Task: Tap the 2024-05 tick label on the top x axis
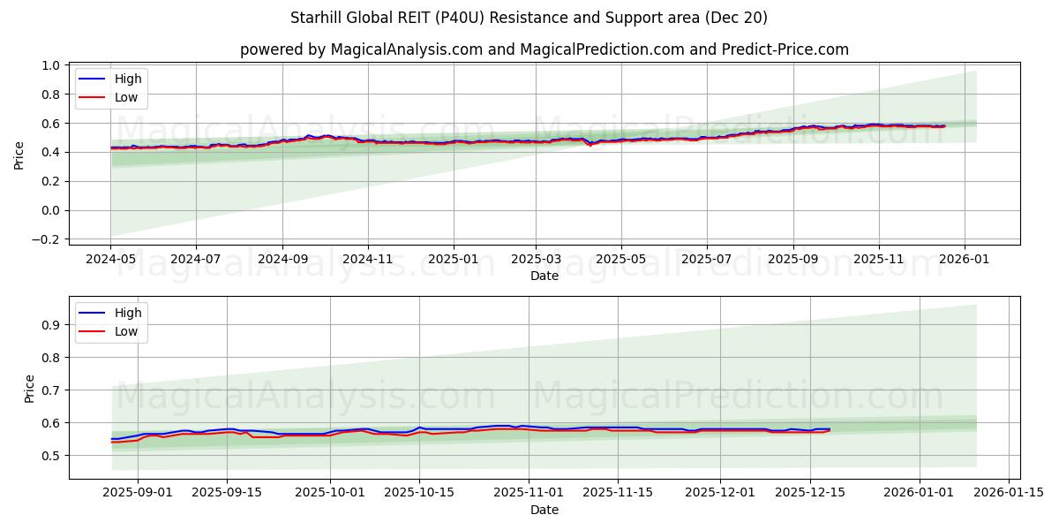[110, 260]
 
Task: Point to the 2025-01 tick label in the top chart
[454, 260]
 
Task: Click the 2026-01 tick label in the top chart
[964, 260]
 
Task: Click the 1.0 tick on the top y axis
[51, 65]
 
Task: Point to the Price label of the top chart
[19, 155]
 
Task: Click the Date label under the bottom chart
[545, 510]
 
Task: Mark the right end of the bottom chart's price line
[830, 429]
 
